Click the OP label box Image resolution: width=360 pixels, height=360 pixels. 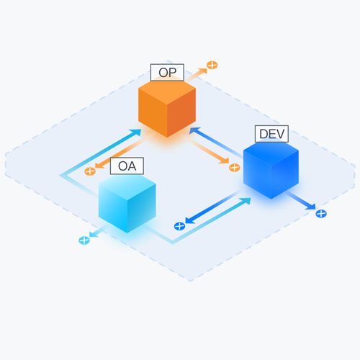[167, 73]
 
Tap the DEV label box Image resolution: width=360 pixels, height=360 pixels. [271, 134]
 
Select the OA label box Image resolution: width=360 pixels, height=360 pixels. [127, 166]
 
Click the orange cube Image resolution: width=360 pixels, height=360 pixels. [167, 108]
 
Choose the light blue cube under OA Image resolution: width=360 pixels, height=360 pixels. [127, 203]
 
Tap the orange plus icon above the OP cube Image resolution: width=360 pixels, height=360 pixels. [212, 65]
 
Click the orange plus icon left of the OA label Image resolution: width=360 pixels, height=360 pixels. [90, 171]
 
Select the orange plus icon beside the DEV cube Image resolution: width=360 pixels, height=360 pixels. [235, 168]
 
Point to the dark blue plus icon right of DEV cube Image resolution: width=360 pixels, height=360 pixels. [321, 214]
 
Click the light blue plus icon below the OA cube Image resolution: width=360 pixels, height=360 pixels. [84, 240]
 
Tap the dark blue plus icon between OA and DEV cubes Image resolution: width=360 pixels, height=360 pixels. [179, 226]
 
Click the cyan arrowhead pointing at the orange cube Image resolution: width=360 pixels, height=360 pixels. [136, 132]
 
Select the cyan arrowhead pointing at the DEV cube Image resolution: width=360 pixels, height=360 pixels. [246, 201]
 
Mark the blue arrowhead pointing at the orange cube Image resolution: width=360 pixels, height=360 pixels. [194, 131]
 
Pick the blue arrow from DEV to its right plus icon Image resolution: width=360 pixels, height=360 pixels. [301, 200]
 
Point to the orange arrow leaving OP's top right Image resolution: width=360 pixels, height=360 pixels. [196, 75]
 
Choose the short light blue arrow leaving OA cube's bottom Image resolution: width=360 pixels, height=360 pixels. [98, 231]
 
